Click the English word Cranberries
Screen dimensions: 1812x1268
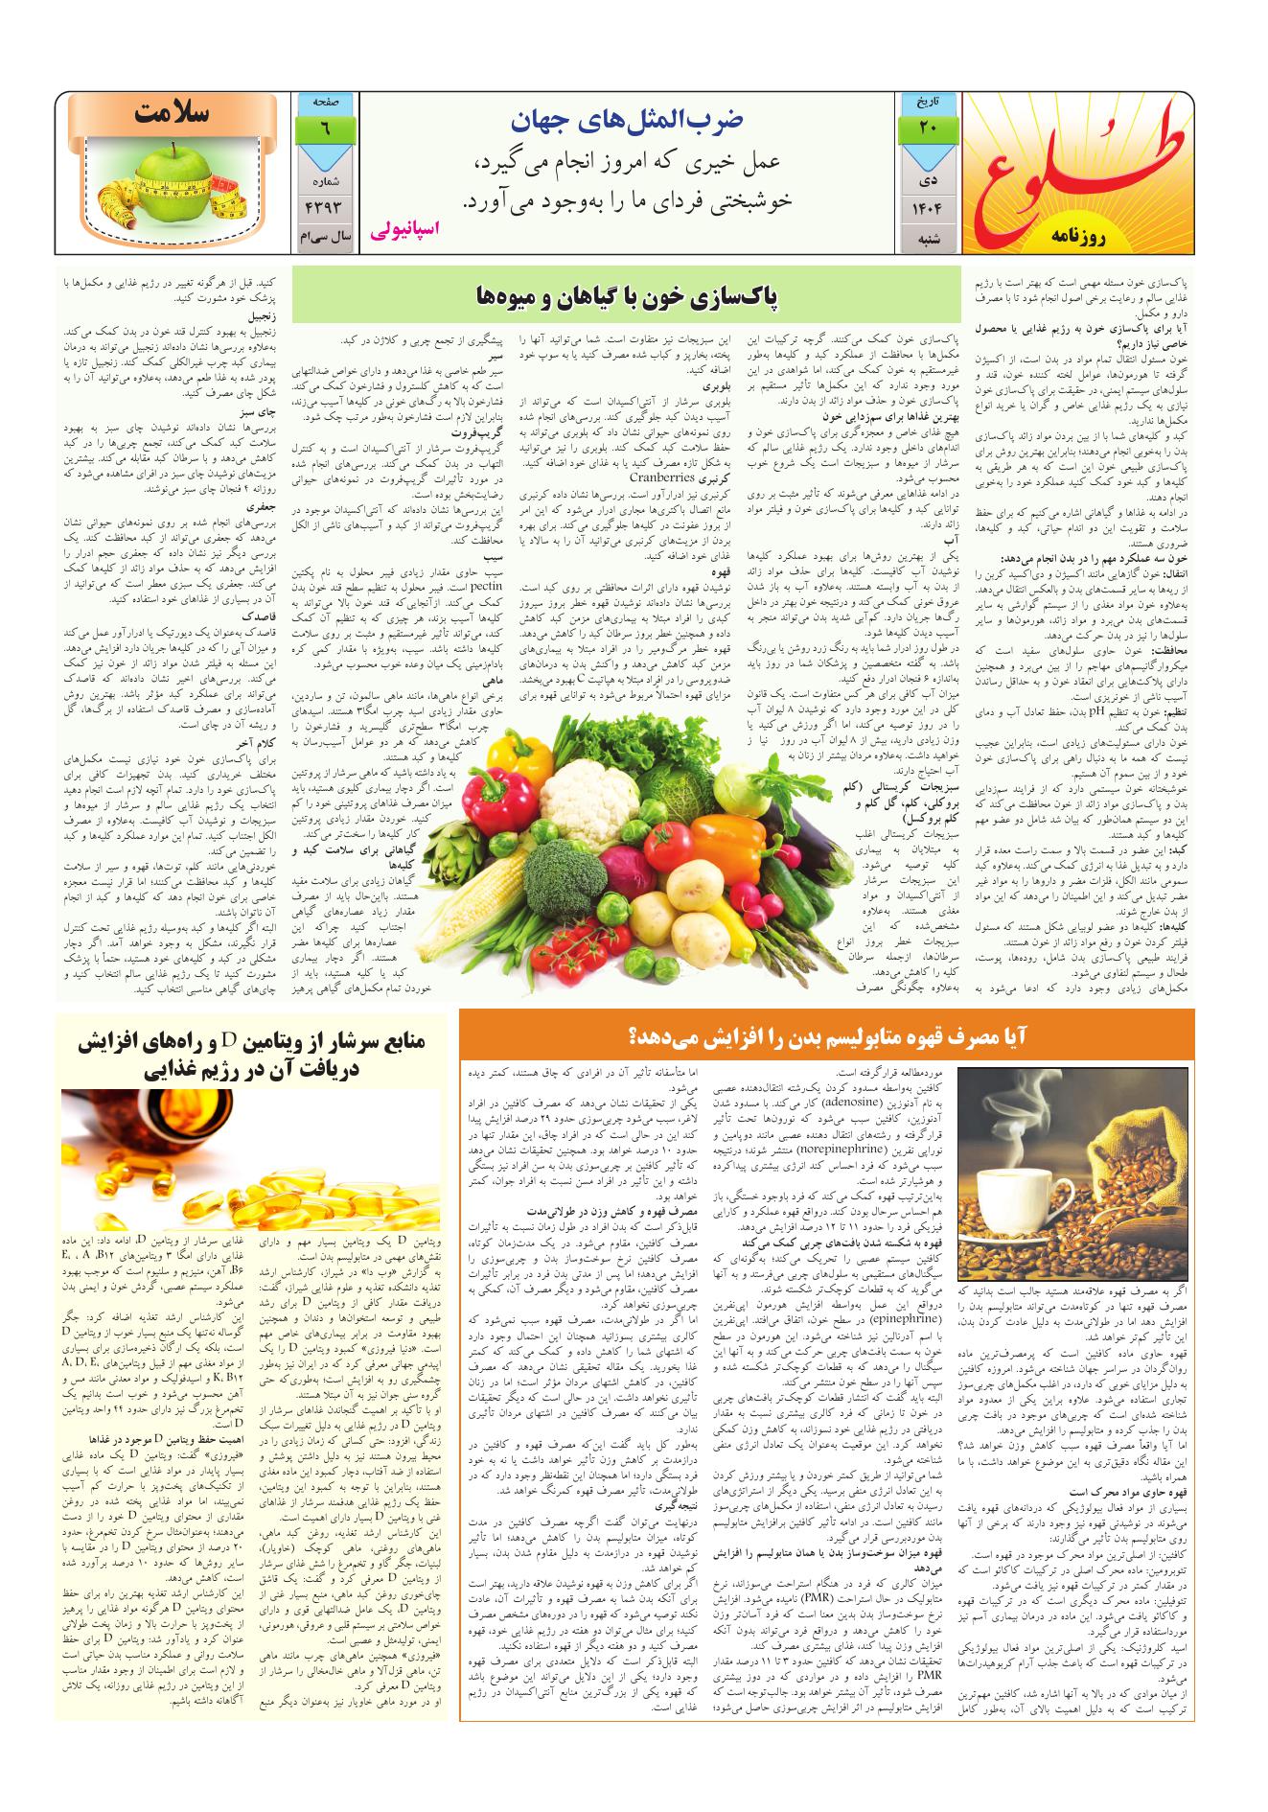[661, 476]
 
